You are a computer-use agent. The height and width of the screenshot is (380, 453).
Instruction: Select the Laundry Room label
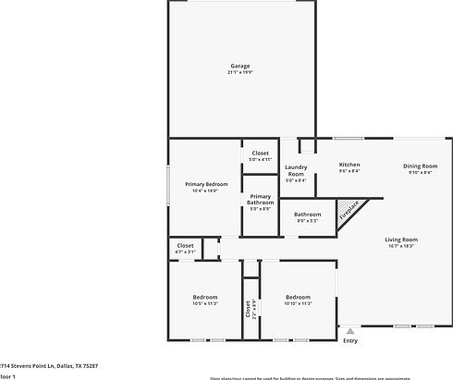[x=295, y=171]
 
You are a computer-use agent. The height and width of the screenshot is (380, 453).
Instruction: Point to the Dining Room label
[x=418, y=165]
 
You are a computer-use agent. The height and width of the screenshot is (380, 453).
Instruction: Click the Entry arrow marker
[x=349, y=330]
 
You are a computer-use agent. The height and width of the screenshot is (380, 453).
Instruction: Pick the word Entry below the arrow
[x=349, y=341]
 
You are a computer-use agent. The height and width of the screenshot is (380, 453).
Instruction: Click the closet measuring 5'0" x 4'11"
[x=260, y=155]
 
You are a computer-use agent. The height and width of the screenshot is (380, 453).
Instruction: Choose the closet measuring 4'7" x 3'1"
[x=185, y=248]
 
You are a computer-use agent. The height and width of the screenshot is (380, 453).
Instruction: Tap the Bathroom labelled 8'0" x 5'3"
[x=307, y=217]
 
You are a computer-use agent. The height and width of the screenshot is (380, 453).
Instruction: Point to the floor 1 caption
[x=8, y=377]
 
